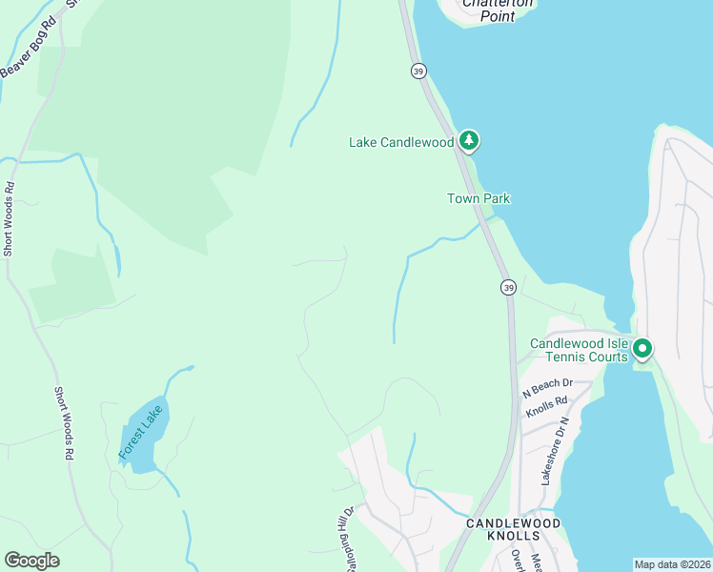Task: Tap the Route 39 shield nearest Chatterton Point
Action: pyautogui.click(x=418, y=71)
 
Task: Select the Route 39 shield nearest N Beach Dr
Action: pyautogui.click(x=509, y=288)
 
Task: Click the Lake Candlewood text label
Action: pyautogui.click(x=400, y=143)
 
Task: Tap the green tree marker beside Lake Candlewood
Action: pyautogui.click(x=468, y=141)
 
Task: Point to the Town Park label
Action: pyautogui.click(x=479, y=198)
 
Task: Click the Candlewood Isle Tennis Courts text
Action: pyautogui.click(x=579, y=350)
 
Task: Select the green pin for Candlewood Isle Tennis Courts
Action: pyautogui.click(x=642, y=350)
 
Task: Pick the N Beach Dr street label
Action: pyautogui.click(x=546, y=388)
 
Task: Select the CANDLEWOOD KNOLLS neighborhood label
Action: pyautogui.click(x=512, y=530)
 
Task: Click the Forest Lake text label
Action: pyautogui.click(x=141, y=433)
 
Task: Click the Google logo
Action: pyautogui.click(x=31, y=561)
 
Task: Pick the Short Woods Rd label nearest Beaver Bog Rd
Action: pyautogui.click(x=10, y=219)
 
